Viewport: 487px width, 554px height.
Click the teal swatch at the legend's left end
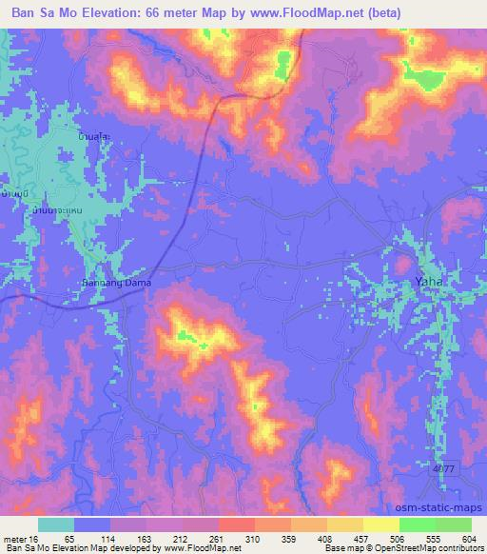point(54,524)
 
